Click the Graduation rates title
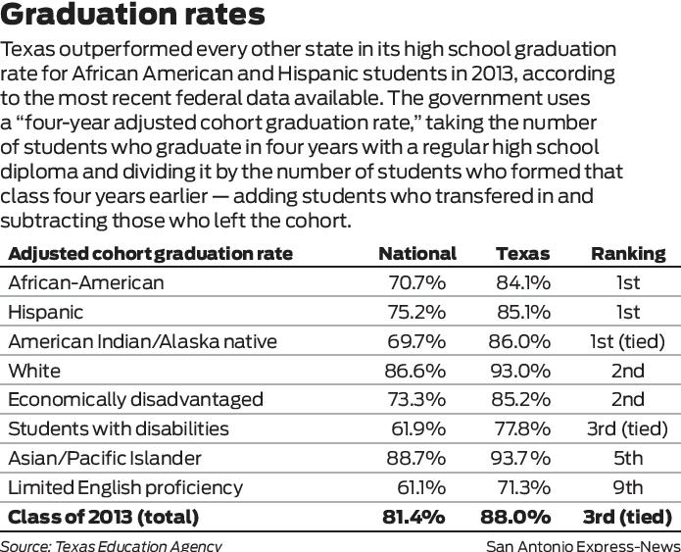133,16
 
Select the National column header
416,254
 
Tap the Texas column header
522,254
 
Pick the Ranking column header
628,254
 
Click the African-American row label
86,283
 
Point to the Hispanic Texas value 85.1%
523,313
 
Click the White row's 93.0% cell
520,372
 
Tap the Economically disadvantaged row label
135,400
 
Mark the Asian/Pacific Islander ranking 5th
628,459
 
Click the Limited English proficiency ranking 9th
628,488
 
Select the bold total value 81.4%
414,517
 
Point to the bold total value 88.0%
515,517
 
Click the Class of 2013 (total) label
103,517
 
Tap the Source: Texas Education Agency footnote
111,545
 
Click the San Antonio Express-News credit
583,545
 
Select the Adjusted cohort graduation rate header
150,254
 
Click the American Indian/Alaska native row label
142,342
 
